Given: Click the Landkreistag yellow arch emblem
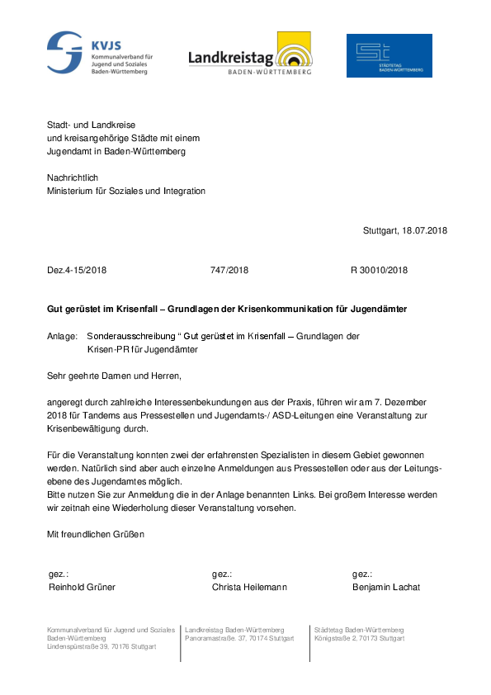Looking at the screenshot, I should point(294,50).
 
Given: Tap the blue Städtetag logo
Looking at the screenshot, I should point(389,55).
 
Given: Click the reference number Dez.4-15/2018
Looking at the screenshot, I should point(77,270).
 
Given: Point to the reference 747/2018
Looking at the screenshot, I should point(229,270).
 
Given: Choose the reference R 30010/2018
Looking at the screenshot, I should point(379,270).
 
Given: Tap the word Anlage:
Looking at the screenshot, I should point(62,337).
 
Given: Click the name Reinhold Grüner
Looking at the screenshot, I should point(83,587).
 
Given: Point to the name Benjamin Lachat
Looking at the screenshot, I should point(385,587).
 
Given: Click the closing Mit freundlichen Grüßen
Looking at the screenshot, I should point(96,534).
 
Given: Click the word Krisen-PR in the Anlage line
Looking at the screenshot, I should point(106,349).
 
